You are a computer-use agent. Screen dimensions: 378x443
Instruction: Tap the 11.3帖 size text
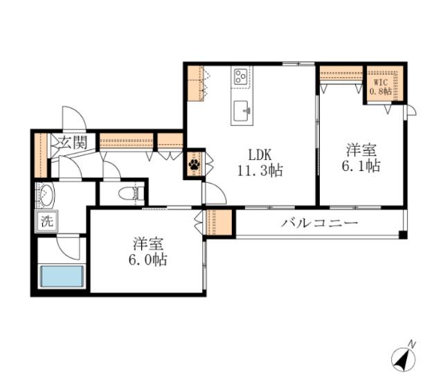pyautogui.click(x=260, y=170)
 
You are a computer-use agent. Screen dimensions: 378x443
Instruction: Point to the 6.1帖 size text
pyautogui.click(x=362, y=166)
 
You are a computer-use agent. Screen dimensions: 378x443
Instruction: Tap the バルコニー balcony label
pyautogui.click(x=319, y=224)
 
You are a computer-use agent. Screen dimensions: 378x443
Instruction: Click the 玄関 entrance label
pyautogui.click(x=72, y=144)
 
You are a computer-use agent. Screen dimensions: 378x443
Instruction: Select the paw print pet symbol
pyautogui.click(x=194, y=165)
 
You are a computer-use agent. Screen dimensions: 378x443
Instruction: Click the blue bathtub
pyautogui.click(x=62, y=277)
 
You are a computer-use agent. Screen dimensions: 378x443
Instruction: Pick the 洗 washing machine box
pyautogui.click(x=46, y=223)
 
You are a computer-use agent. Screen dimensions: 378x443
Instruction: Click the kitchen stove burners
pyautogui.click(x=242, y=75)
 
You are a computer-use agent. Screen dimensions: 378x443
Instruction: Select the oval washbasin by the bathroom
pyautogui.click(x=46, y=196)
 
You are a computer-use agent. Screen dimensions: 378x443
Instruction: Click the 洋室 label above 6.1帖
pyautogui.click(x=362, y=149)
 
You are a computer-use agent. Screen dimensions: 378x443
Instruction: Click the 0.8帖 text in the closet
pyautogui.click(x=380, y=91)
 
